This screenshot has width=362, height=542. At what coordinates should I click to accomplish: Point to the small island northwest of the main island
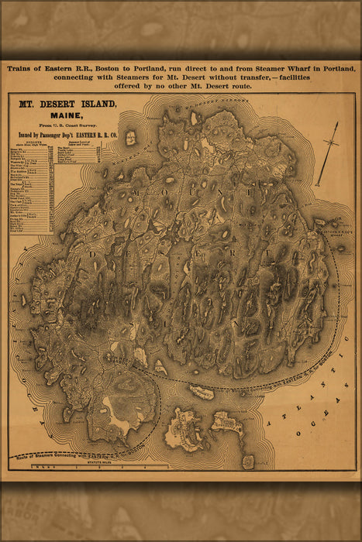[x=131, y=138]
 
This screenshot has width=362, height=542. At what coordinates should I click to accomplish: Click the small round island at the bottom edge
[x=248, y=461]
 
